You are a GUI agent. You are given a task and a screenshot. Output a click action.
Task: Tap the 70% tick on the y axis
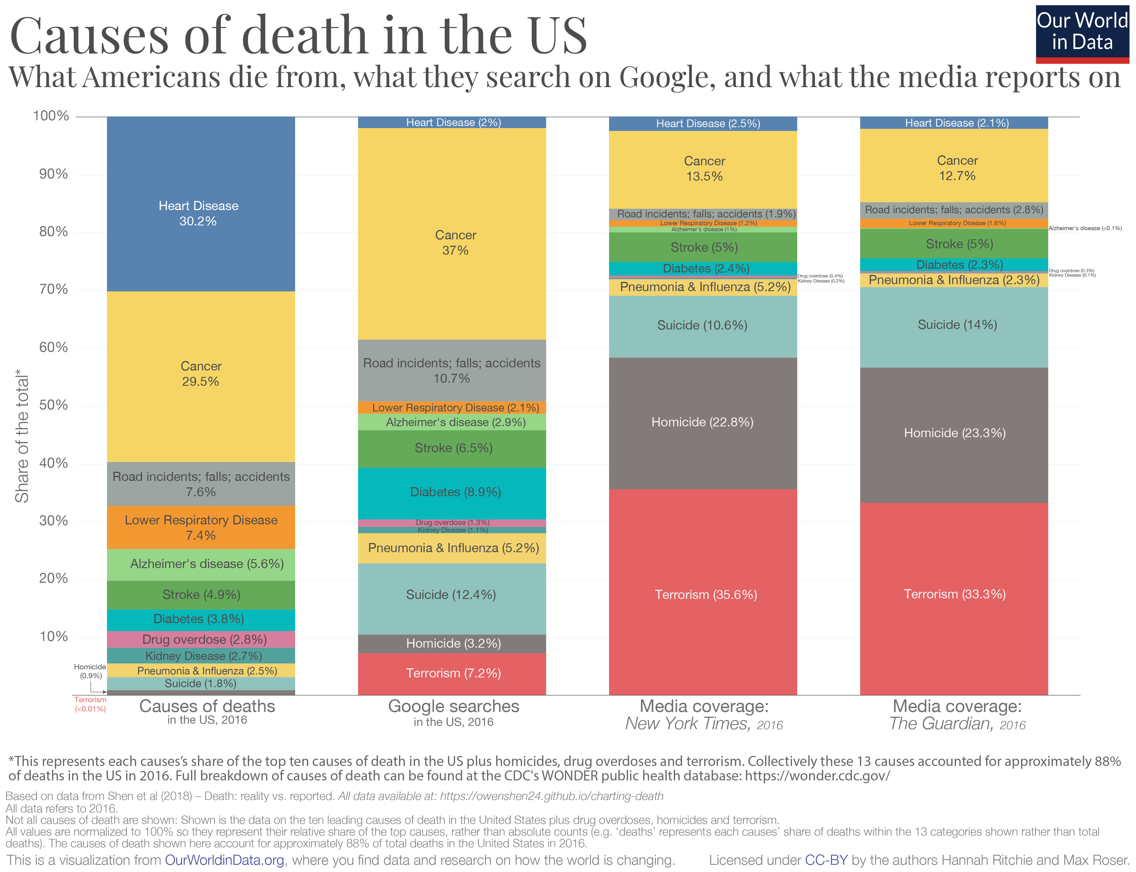coord(53,289)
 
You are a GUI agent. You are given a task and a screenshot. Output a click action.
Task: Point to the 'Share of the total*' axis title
coord(22,436)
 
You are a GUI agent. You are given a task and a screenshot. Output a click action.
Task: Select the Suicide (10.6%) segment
coord(702,325)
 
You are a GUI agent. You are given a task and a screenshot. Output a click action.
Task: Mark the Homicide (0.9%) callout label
coord(90,671)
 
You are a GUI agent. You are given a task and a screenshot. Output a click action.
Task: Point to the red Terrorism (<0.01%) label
coord(90,704)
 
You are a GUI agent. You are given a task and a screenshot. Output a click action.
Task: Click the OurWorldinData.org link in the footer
coord(224,860)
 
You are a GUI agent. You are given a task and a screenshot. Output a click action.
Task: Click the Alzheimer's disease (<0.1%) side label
coord(1084,229)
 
